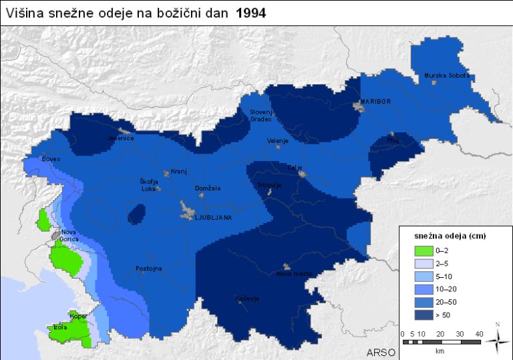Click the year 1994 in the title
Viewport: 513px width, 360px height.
coord(250,13)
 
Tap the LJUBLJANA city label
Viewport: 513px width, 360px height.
coord(212,218)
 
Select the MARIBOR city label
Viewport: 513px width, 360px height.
coord(375,102)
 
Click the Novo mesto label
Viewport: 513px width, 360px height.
coord(293,274)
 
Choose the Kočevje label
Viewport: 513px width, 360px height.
coord(247,299)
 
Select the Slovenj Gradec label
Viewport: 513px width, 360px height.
coord(261,115)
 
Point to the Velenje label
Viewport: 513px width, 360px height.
coord(277,141)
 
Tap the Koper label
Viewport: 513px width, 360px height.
coord(79,316)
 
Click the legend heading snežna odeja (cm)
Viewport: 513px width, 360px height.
coord(444,236)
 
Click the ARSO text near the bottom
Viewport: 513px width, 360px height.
coord(381,351)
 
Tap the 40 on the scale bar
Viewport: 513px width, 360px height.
coord(479,333)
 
